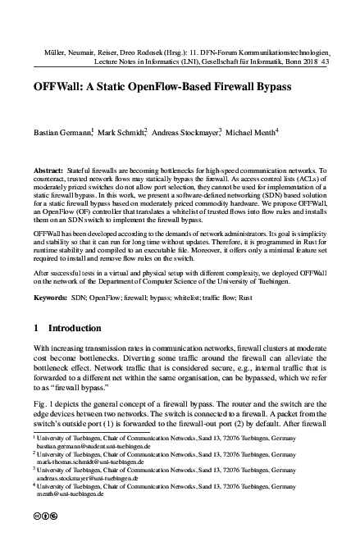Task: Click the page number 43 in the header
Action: click(x=326, y=61)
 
